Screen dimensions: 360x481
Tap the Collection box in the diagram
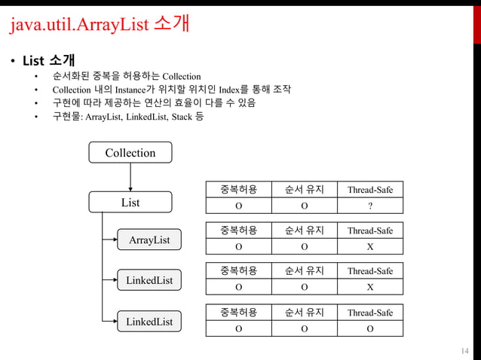tap(130, 153)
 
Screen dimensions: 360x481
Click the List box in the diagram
tap(130, 202)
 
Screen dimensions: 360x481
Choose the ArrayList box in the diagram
tap(149, 239)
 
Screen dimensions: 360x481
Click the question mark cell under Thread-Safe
tap(369, 206)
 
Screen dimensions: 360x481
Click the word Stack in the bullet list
tap(179, 117)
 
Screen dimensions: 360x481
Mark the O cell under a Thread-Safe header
tap(369, 328)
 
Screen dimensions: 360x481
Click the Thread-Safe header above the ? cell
tap(369, 189)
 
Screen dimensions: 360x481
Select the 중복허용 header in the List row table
tap(239, 189)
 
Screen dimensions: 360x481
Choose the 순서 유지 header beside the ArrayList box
tap(305, 230)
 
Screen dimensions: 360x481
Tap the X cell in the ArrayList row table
tap(369, 246)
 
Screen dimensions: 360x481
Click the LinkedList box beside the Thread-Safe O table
tap(149, 322)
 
